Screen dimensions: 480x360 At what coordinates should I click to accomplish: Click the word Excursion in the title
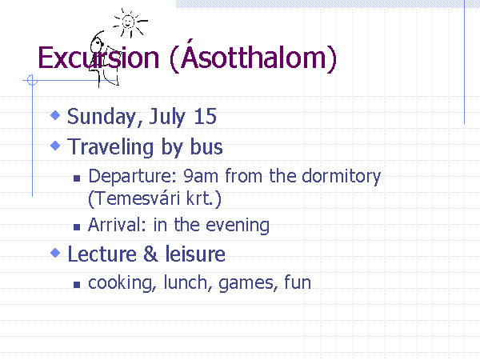[x=98, y=58]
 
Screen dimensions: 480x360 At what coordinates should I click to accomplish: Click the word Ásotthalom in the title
[x=253, y=55]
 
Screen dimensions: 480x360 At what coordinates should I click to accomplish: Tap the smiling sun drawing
[x=130, y=23]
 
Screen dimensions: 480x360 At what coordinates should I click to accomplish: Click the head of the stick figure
[x=97, y=44]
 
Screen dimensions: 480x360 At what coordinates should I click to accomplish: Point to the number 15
[x=205, y=116]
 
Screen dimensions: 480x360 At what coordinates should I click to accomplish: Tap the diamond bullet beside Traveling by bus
[x=55, y=146]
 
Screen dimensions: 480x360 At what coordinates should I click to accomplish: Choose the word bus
[x=206, y=146]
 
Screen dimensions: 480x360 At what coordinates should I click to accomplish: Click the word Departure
[x=133, y=177]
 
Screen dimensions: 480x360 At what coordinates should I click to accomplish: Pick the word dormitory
[x=341, y=177]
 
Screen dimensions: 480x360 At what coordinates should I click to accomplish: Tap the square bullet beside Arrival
[x=77, y=227]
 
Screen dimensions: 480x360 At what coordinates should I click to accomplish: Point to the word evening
[x=238, y=226]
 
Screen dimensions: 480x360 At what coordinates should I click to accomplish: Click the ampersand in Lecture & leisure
[x=150, y=254]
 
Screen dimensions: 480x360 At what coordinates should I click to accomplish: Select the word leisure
[x=195, y=254]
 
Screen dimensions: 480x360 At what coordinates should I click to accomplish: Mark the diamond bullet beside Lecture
[x=55, y=253]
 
